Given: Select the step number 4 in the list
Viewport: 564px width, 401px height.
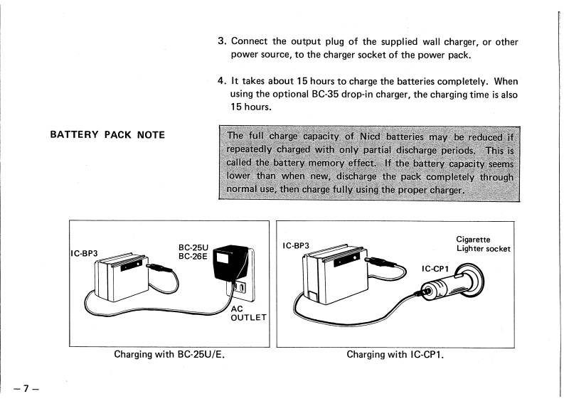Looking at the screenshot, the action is click(x=220, y=81).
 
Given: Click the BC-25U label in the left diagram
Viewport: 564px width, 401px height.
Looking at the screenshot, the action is click(x=192, y=248).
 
